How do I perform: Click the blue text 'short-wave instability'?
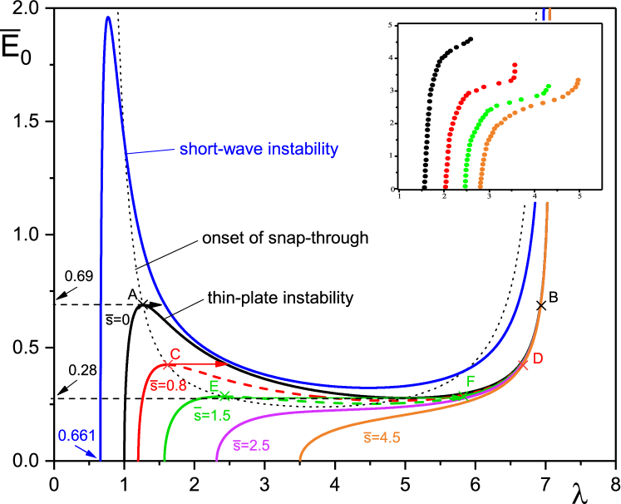tap(259, 150)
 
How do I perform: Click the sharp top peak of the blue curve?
tap(107, 17)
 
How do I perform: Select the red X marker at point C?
tap(167, 364)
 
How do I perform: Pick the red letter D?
tap(538, 358)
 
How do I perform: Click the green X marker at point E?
tap(224, 396)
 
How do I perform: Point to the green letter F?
tap(471, 382)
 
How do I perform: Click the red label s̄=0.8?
tap(169, 385)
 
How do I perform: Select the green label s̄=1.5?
tap(212, 415)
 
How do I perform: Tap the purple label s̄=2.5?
tap(251, 445)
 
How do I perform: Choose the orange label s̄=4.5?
tap(382, 437)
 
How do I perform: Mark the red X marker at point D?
tap(523, 364)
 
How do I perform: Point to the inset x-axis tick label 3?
tap(490, 196)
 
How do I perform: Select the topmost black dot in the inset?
tap(471, 38)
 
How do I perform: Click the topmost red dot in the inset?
tap(515, 64)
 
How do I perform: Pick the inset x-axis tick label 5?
tap(579, 196)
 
